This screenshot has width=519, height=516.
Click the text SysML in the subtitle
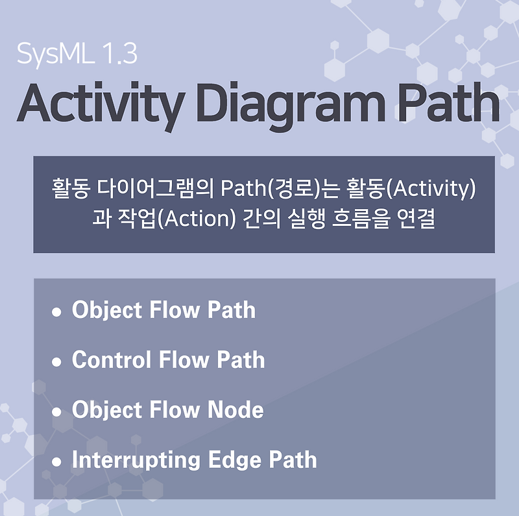(x=54, y=53)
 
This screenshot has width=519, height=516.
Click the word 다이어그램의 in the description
(x=158, y=190)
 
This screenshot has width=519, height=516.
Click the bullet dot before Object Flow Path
(x=56, y=312)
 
